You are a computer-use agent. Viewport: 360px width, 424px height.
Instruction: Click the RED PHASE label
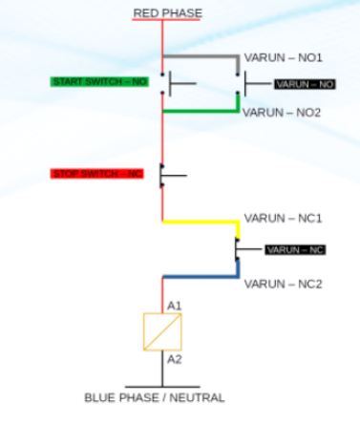tap(166, 11)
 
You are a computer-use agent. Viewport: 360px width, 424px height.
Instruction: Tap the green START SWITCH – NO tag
tap(100, 82)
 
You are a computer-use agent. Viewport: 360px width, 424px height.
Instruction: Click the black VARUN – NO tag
tap(306, 84)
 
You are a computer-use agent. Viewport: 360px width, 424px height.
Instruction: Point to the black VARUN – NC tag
tap(295, 250)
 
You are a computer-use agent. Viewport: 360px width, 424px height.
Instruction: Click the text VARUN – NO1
tap(283, 57)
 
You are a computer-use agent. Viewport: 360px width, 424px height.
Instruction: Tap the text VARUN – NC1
tap(283, 218)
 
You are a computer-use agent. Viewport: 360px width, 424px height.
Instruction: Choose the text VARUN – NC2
tap(283, 284)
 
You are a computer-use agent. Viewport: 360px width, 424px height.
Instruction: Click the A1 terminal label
tap(174, 305)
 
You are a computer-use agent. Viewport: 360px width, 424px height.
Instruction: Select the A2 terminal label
tap(174, 360)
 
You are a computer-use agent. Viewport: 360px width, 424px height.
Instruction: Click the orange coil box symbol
tap(161, 331)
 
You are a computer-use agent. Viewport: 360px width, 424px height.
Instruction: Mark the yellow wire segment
tap(201, 222)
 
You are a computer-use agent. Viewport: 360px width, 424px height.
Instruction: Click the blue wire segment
tap(201, 276)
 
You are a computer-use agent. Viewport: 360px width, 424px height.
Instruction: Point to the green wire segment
tap(201, 111)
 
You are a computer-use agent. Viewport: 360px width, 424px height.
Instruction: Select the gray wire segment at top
tap(201, 56)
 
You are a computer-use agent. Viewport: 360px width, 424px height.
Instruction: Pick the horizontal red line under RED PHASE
tap(166, 20)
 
